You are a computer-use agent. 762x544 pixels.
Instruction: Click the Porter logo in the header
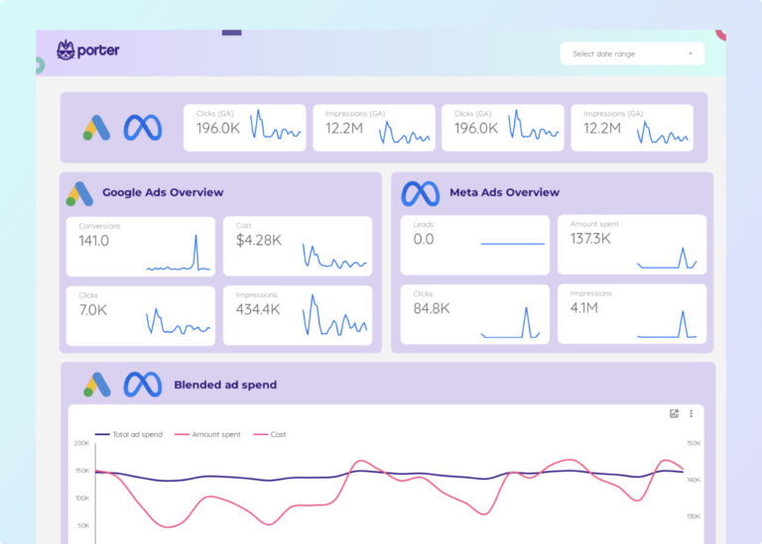point(88,50)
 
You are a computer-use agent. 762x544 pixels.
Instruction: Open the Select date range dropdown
point(632,54)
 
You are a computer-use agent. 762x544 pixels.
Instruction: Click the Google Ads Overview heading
point(163,192)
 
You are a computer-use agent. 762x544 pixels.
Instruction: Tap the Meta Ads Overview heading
point(504,192)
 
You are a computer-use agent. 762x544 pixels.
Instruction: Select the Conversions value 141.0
point(94,241)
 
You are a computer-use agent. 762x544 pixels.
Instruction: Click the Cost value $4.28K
point(258,241)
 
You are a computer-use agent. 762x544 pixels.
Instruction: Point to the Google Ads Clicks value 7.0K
point(93,309)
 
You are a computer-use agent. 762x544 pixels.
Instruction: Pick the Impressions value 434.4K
point(258,309)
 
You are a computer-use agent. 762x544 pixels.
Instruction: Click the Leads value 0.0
point(424,240)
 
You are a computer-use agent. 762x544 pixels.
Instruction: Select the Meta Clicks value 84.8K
point(432,308)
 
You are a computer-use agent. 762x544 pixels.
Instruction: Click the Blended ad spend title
point(225,384)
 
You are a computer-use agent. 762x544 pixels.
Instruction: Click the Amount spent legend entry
point(213,434)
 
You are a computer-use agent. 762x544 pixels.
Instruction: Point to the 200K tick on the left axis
point(81,443)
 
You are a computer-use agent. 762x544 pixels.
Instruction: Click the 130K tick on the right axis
point(694,516)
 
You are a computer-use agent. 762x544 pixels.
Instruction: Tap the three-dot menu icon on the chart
point(691,413)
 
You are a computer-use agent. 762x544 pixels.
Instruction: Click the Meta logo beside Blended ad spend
point(142,384)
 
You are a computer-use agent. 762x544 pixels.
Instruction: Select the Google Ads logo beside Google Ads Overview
point(79,193)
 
